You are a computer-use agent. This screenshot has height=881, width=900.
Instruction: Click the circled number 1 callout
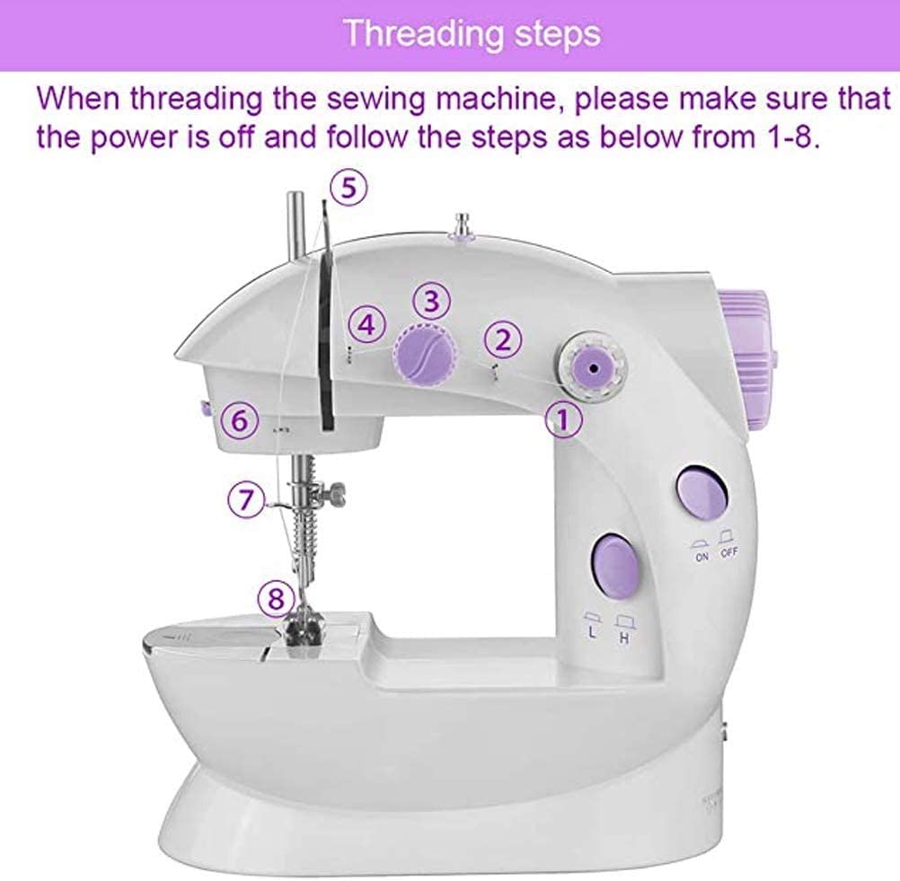click(x=562, y=419)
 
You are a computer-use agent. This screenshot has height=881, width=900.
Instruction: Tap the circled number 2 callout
click(x=503, y=339)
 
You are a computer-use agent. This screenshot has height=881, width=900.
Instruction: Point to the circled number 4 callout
click(x=366, y=325)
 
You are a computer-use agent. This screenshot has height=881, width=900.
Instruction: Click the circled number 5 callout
click(x=347, y=188)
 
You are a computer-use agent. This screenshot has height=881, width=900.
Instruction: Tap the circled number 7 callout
click(x=245, y=499)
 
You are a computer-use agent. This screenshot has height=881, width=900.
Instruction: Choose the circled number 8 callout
click(x=274, y=595)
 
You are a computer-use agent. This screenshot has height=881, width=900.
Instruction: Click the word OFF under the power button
click(x=728, y=554)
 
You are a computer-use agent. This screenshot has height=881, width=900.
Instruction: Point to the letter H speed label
click(x=622, y=638)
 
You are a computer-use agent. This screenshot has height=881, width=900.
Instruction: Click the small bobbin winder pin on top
click(x=464, y=224)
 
